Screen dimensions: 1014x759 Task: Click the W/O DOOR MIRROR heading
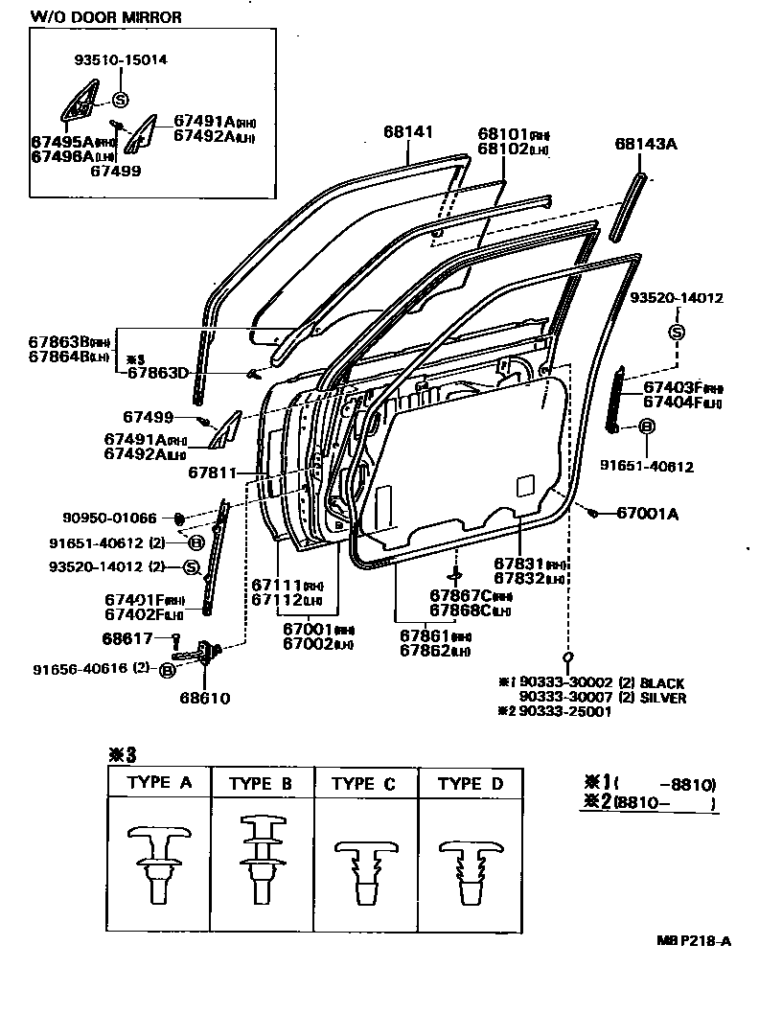[x=105, y=17]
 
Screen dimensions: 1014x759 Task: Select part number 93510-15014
[x=121, y=59]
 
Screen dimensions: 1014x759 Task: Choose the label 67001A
[x=647, y=514]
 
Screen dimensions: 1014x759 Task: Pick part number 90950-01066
[x=109, y=519]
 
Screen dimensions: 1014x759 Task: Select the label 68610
[x=204, y=698]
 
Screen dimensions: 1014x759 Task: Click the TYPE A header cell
[x=159, y=783]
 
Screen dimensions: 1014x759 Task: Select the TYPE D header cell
[x=470, y=784]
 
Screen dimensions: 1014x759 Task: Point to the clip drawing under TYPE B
[x=262, y=858]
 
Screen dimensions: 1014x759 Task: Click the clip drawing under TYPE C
[x=366, y=867]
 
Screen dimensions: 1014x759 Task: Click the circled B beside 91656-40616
[x=167, y=670]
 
